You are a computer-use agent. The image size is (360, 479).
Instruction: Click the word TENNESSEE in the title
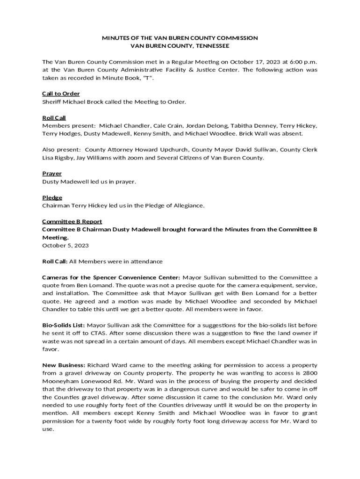(x=208, y=46)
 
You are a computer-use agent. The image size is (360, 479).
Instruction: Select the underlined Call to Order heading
(x=61, y=94)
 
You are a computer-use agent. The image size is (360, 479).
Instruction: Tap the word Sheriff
(x=51, y=102)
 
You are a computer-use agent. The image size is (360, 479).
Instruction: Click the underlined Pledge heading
(x=52, y=197)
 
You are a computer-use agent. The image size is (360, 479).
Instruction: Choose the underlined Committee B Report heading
(x=72, y=221)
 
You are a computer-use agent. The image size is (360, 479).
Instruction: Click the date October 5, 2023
(x=65, y=245)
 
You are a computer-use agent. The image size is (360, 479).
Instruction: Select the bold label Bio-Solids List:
(x=64, y=325)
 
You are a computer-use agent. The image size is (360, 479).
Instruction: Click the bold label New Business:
(x=64, y=364)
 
